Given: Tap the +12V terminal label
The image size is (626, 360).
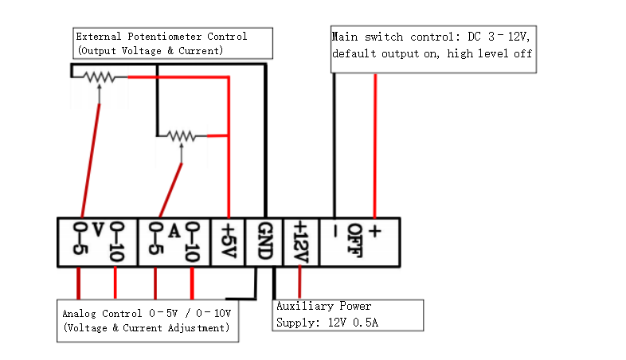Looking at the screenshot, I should point(300,241).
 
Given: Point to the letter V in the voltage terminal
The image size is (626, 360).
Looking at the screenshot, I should point(97,231).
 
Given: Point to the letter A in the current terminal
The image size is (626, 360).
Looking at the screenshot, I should point(174,231).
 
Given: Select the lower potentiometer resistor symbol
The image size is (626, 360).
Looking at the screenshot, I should point(182,135).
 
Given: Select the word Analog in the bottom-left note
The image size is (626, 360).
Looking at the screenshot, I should point(79,314).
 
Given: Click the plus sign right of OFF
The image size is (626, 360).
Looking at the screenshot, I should point(374,232).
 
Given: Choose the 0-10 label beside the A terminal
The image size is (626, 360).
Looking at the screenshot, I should point(192,241).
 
